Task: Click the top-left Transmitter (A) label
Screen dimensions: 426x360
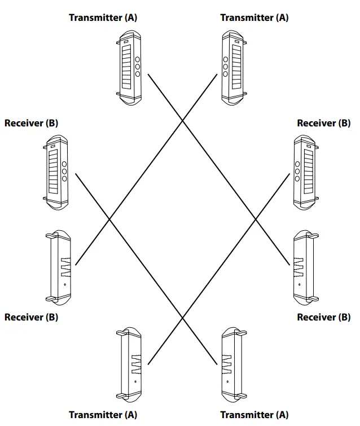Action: (x=103, y=17)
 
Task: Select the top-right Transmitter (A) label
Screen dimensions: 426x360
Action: (x=254, y=17)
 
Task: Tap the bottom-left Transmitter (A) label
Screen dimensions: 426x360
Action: (x=103, y=415)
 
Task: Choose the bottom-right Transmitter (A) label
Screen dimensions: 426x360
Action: (x=254, y=415)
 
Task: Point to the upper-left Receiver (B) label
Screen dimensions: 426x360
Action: (x=31, y=123)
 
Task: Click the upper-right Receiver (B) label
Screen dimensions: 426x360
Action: (x=323, y=123)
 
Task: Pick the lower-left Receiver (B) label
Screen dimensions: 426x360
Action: (x=31, y=317)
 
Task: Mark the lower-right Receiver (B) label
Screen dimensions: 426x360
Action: (x=323, y=317)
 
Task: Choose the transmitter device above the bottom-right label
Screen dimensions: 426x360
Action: (x=232, y=364)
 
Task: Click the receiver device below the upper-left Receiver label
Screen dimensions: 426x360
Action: (x=55, y=172)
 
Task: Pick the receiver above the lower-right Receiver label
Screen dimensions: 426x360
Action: (x=305, y=266)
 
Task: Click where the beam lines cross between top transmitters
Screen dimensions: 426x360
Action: (x=182, y=120)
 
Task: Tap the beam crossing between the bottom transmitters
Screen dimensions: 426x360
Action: (x=182, y=319)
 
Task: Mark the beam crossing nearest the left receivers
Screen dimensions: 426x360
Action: (x=109, y=219)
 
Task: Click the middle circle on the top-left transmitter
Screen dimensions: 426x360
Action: (x=137, y=66)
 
